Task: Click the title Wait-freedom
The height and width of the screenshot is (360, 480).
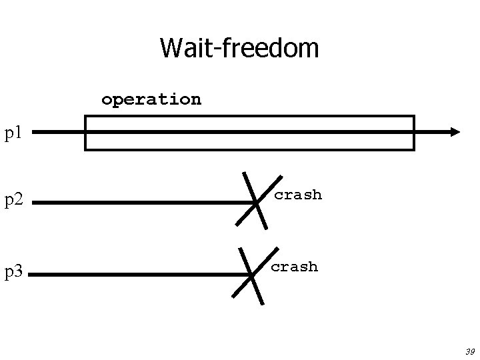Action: click(239, 48)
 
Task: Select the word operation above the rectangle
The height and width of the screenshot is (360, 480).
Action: click(151, 99)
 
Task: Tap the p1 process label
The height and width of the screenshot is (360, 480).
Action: click(14, 133)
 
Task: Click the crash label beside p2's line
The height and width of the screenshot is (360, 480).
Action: click(298, 195)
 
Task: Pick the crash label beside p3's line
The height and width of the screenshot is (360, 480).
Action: click(294, 267)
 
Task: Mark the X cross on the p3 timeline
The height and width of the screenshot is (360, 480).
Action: click(252, 274)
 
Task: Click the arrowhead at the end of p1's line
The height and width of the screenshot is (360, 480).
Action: click(455, 132)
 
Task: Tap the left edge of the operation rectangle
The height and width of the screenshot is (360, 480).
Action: click(85, 133)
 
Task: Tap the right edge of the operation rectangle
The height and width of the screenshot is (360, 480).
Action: click(414, 133)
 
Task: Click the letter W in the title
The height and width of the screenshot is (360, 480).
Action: click(170, 48)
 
